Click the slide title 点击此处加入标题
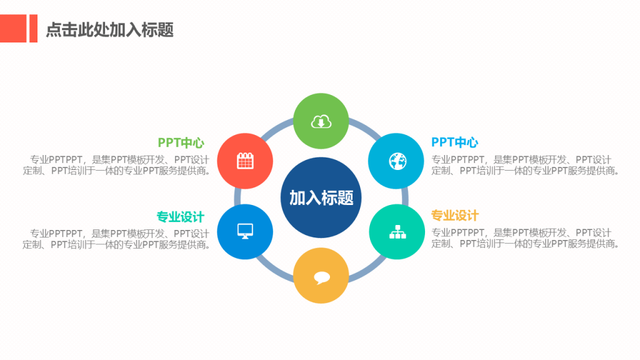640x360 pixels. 110,30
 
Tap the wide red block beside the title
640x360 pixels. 13,29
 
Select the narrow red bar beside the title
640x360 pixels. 34,29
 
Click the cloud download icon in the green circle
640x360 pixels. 321,121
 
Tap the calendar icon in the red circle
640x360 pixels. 245,161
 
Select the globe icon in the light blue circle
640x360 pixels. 397,161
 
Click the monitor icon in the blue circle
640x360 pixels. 245,231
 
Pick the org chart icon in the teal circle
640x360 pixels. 397,232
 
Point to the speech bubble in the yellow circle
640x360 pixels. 322,277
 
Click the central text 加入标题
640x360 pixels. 321,198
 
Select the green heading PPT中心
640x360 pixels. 181,143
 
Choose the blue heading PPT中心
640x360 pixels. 455,142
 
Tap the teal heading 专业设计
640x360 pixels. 181,217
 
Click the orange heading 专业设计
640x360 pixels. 455,216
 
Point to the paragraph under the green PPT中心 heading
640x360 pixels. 117,165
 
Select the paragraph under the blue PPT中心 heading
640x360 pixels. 526,165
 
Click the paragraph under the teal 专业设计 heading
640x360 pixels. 117,239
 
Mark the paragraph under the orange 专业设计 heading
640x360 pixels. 526,238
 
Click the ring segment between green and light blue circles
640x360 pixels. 365,127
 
